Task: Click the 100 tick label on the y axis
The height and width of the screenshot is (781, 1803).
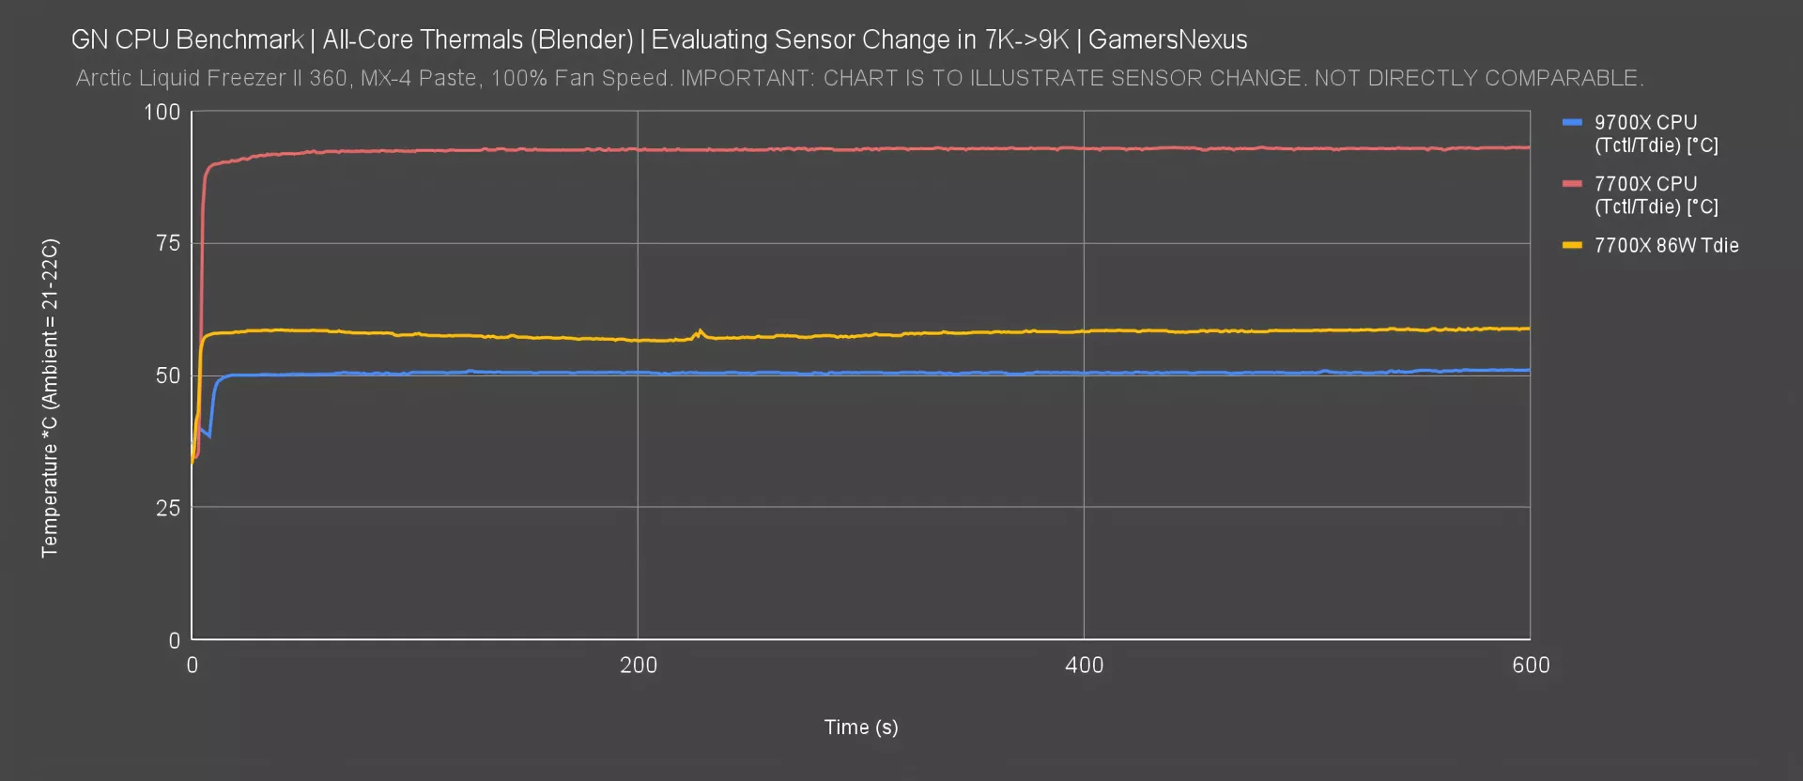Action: click(162, 113)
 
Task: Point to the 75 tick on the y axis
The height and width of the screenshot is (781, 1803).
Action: click(168, 244)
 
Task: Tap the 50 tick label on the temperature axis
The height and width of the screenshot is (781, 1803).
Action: click(168, 376)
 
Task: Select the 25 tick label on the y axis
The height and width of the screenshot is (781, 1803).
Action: click(168, 508)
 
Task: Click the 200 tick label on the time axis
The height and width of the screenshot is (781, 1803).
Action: click(639, 666)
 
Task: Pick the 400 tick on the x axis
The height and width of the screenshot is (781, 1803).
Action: click(1084, 666)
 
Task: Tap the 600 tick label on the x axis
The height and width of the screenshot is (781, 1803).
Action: click(1531, 666)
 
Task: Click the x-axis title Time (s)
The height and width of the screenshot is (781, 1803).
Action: click(861, 727)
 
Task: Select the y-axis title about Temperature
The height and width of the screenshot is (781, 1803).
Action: click(50, 398)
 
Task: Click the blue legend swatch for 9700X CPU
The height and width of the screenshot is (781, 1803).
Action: click(1572, 123)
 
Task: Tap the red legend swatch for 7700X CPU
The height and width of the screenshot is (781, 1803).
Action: click(1572, 184)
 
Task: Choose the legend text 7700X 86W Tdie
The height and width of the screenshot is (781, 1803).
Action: click(1666, 246)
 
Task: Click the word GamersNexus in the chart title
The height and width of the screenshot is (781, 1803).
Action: click(1167, 40)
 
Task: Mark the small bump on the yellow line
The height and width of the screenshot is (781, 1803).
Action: click(700, 331)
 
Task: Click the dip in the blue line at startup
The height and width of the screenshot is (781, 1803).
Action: click(208, 435)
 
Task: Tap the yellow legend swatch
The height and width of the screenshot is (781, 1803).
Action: click(1572, 246)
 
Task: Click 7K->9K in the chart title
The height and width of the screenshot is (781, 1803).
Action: click(1026, 40)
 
